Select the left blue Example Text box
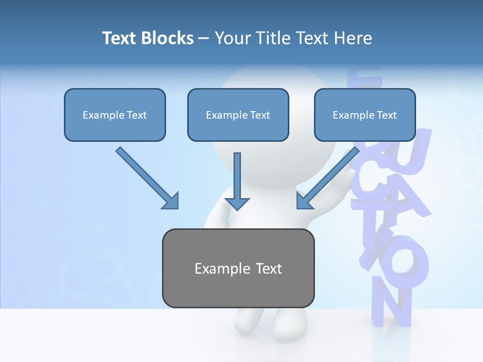[115, 115]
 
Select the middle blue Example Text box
[238, 115]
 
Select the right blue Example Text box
[365, 115]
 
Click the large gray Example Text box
[238, 268]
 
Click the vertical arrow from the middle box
[237, 176]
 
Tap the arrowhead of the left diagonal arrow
[171, 202]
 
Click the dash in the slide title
[204, 38]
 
